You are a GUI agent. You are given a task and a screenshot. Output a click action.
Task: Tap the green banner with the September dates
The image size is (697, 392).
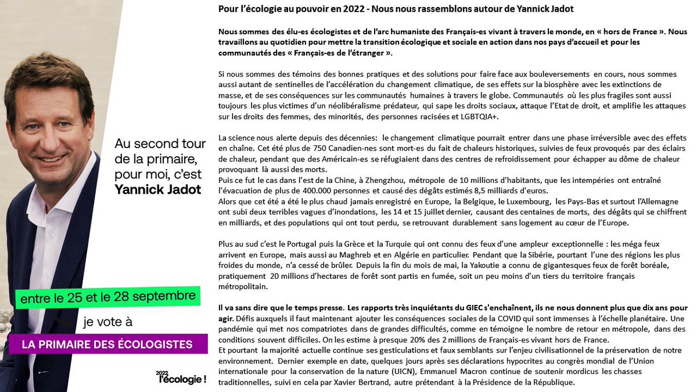[107, 297]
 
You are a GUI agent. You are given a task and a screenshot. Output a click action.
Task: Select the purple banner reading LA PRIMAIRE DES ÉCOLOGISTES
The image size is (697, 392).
[107, 344]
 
